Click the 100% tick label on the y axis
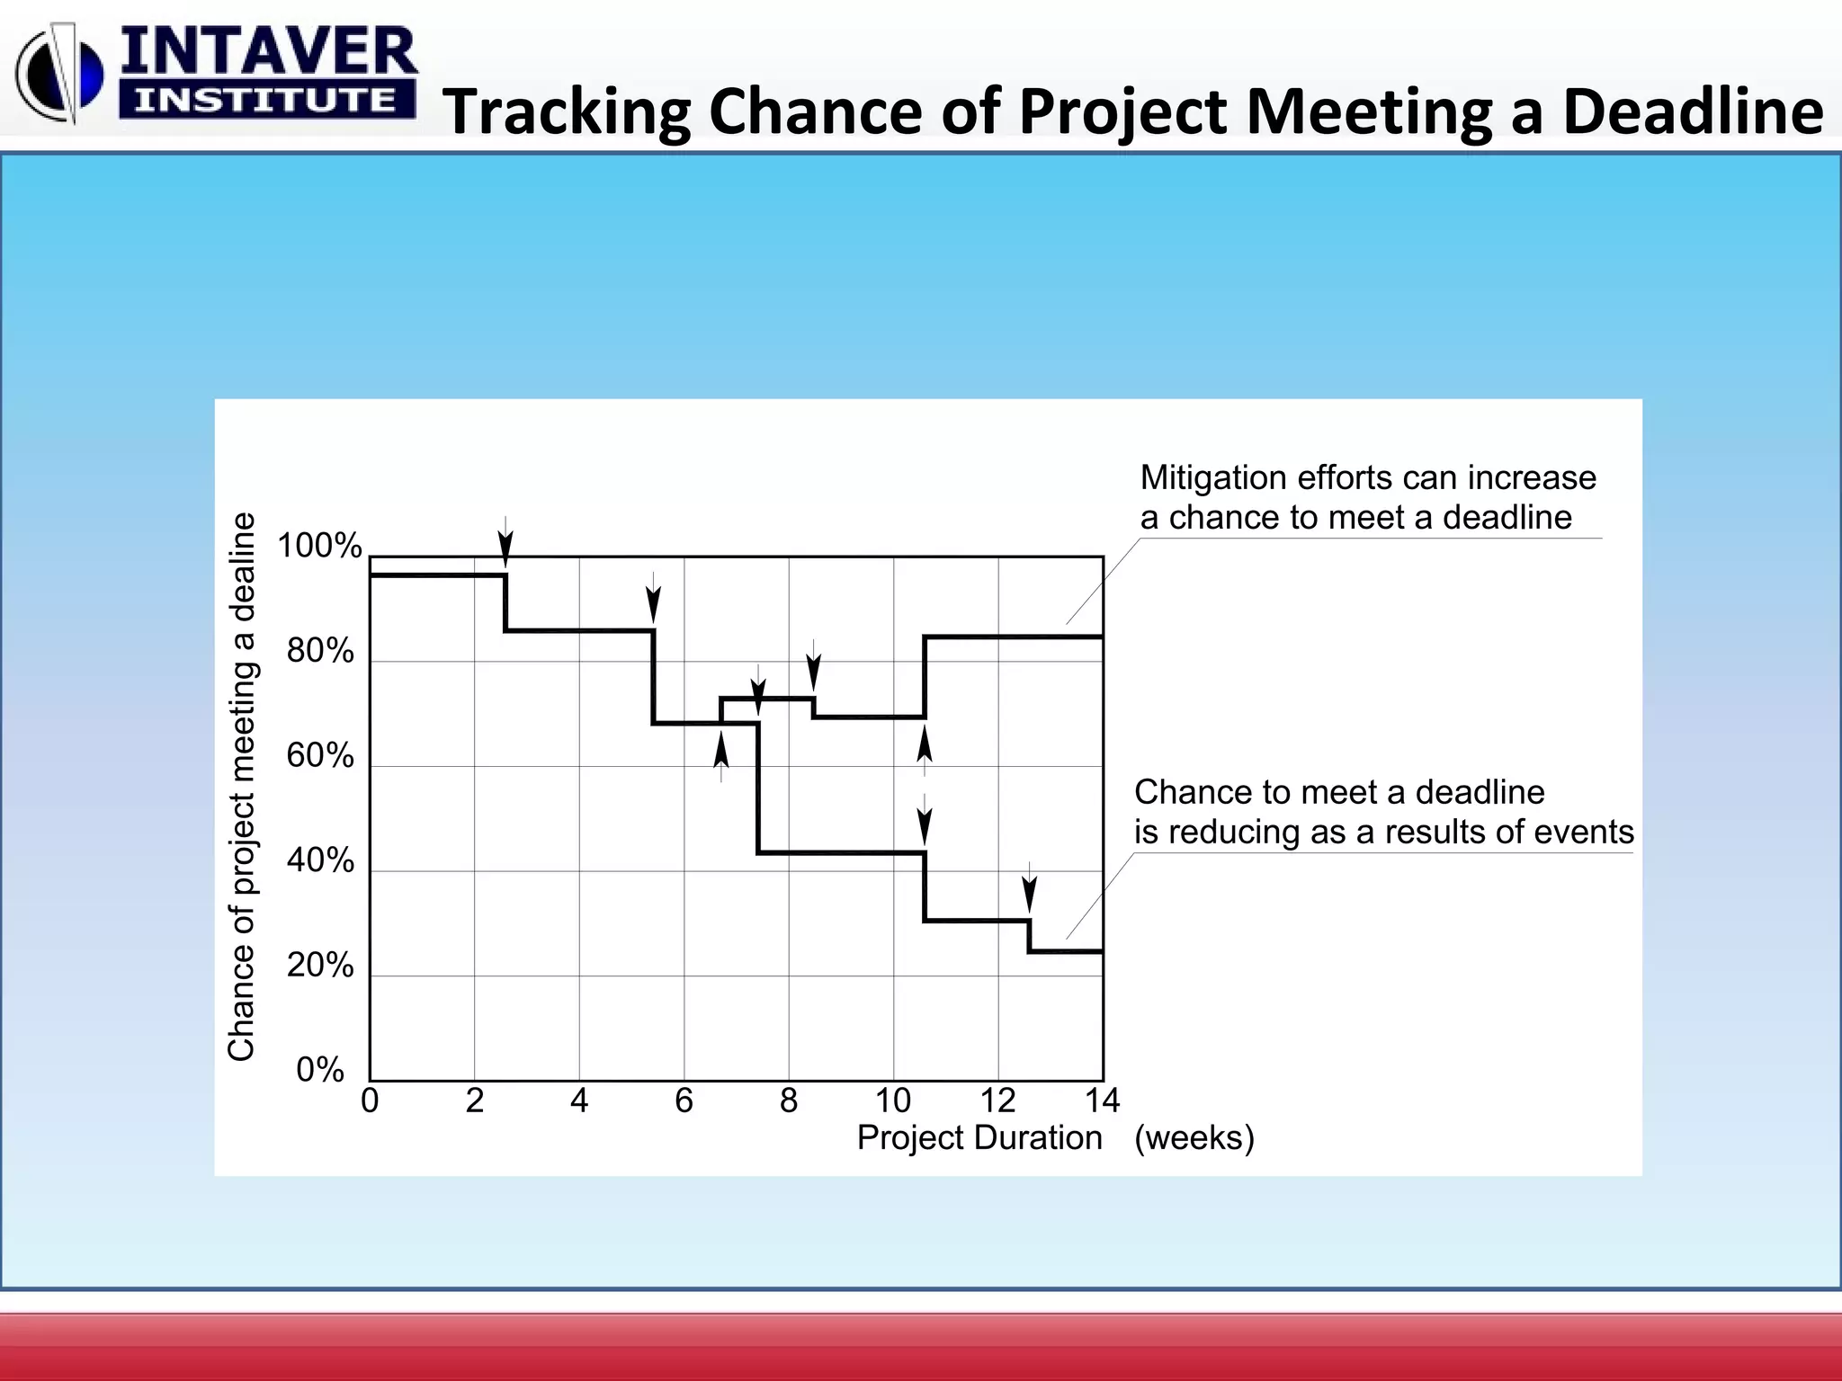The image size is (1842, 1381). point(319,546)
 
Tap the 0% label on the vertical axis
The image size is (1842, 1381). point(320,1070)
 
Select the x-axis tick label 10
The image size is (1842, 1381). point(892,1100)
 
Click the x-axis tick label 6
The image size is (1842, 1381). point(684,1100)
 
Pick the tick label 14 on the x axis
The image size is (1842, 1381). point(1102,1100)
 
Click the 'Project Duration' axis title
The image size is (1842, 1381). point(979,1138)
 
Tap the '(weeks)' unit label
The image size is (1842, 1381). point(1194,1138)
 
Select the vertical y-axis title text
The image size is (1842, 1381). point(242,787)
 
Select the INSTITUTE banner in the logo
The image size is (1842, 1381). point(266,100)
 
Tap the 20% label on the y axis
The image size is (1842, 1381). point(320,966)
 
